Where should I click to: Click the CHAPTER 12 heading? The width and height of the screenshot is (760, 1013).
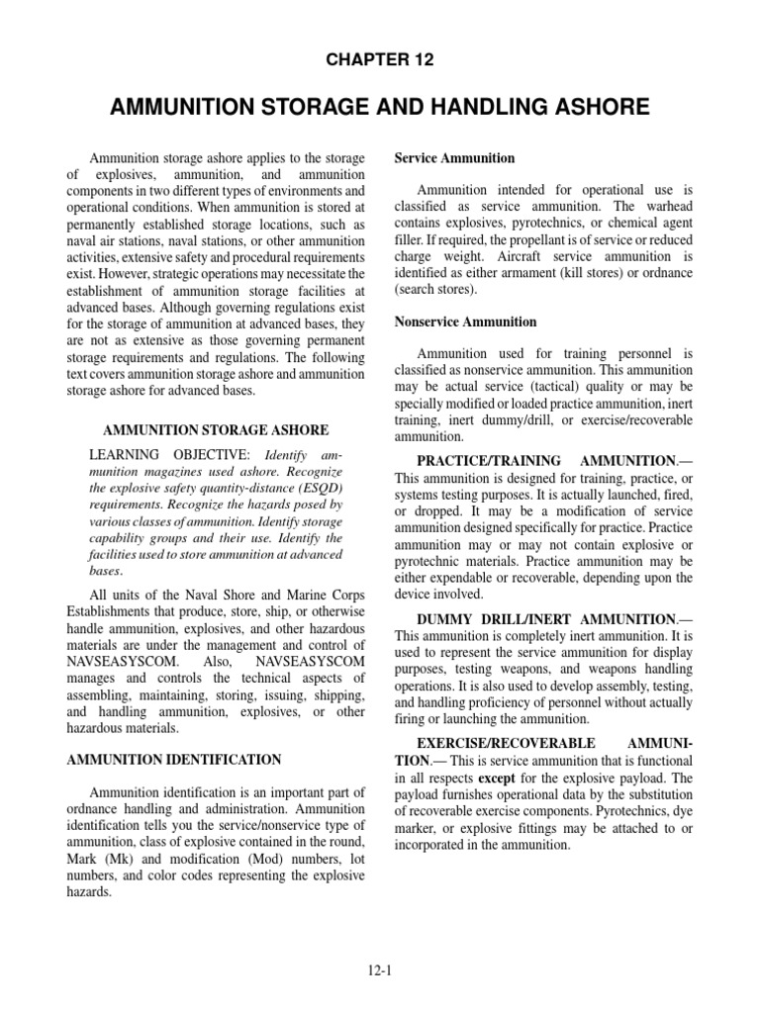[380, 60]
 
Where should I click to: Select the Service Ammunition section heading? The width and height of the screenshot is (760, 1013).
[454, 158]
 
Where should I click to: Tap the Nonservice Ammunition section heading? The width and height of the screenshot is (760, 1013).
[465, 322]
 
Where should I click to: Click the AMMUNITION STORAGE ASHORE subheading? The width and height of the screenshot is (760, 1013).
[216, 430]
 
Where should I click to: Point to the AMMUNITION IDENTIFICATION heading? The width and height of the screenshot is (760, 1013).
[173, 760]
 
